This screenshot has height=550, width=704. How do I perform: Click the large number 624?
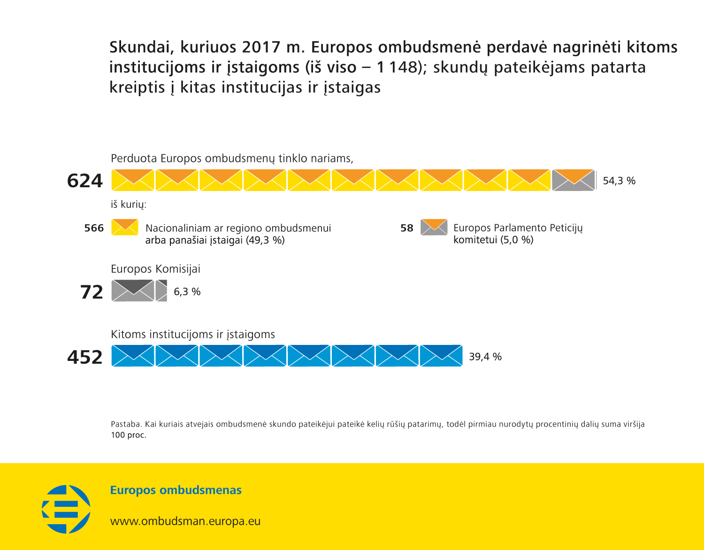pyautogui.click(x=85, y=181)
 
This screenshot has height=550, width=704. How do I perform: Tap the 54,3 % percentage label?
pyautogui.click(x=619, y=181)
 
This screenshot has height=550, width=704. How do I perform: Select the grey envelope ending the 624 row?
pyautogui.click(x=574, y=180)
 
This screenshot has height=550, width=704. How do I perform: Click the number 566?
pyautogui.click(x=94, y=228)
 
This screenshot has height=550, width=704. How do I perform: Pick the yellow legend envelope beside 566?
pyautogui.click(x=125, y=227)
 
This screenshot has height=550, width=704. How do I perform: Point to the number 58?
pyautogui.click(x=407, y=228)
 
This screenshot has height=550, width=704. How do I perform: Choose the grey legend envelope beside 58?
pyautogui.click(x=434, y=227)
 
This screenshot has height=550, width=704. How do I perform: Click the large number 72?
pyautogui.click(x=92, y=292)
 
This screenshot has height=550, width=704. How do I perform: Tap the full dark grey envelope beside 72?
pyautogui.click(x=133, y=290)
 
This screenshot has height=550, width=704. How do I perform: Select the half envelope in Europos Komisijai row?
pyautogui.click(x=161, y=290)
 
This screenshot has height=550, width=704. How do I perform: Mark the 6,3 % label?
pyautogui.click(x=187, y=292)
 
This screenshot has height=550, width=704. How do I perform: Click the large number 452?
pyautogui.click(x=85, y=357)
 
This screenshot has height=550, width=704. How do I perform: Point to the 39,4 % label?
pyautogui.click(x=485, y=357)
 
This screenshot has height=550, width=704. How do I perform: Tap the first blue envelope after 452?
pyautogui.click(x=133, y=356)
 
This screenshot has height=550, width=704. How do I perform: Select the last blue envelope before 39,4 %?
pyautogui.click(x=441, y=356)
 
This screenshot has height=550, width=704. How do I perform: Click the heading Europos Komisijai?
pyautogui.click(x=155, y=269)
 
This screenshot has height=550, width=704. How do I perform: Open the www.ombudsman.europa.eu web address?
pyautogui.click(x=185, y=521)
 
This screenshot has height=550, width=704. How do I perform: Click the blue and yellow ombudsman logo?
pyautogui.click(x=66, y=509)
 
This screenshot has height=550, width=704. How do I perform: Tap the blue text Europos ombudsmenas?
pyautogui.click(x=176, y=490)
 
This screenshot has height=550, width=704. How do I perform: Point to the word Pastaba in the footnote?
pyautogui.click(x=126, y=424)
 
